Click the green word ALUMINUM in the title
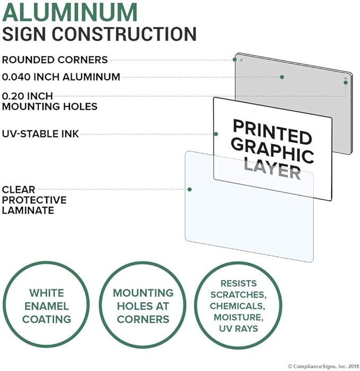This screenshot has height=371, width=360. (x=70, y=13)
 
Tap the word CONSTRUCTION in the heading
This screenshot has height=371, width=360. (x=124, y=34)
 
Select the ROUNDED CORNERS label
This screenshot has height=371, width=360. (x=55, y=60)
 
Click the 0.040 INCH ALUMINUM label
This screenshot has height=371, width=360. (x=61, y=77)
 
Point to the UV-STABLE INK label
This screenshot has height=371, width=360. (x=40, y=134)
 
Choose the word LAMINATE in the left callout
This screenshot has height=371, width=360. (x=28, y=210)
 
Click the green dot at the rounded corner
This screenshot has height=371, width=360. (x=234, y=59)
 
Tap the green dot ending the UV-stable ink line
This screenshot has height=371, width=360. (x=216, y=134)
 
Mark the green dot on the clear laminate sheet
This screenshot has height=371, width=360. (x=190, y=189)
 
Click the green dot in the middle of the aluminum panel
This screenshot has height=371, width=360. (x=282, y=77)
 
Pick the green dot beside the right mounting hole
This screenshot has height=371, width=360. (x=346, y=83)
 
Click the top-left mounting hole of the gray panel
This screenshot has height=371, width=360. (x=241, y=60)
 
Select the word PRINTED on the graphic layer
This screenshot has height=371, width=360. (x=272, y=131)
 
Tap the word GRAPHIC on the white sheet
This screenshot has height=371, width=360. (x=273, y=150)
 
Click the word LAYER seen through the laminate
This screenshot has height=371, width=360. (x=272, y=169)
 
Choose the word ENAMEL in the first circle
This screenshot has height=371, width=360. (x=47, y=306)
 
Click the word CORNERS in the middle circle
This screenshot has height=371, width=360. (x=143, y=320)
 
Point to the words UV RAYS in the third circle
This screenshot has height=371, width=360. (x=239, y=329)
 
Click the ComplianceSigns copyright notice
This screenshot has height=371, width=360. (x=323, y=366)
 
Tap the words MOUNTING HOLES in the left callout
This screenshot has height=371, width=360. (x=50, y=107)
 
